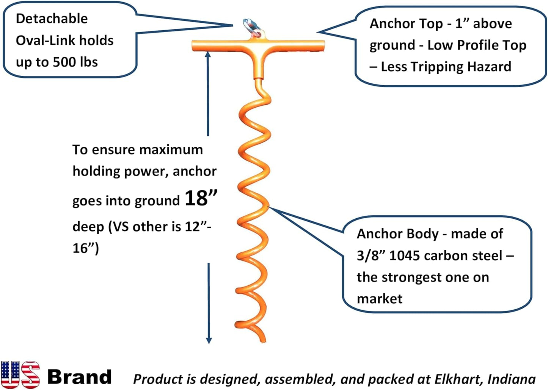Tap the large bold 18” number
201,198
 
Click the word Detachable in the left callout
52,19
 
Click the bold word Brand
79,377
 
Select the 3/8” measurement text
371,256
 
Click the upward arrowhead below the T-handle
208,55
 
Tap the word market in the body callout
379,299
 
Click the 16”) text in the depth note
86,248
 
